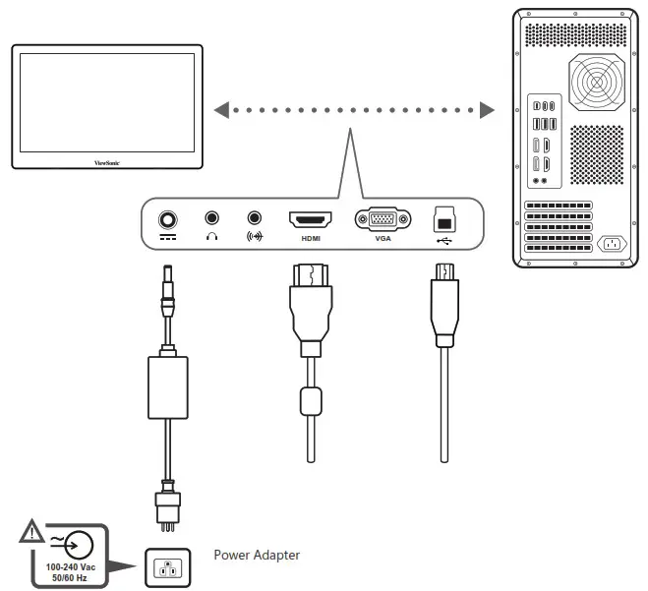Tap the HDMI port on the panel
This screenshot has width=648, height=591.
pos(310,219)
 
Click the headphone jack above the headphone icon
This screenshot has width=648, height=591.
pos(211,217)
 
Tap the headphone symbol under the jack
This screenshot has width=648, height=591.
pos(211,237)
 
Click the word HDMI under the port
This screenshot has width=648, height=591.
pos(310,239)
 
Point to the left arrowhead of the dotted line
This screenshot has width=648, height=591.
pos(222,110)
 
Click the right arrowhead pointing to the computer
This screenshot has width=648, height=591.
pos(488,110)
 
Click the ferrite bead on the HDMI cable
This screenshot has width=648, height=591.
pos(310,402)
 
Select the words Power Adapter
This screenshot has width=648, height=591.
pos(257,556)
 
